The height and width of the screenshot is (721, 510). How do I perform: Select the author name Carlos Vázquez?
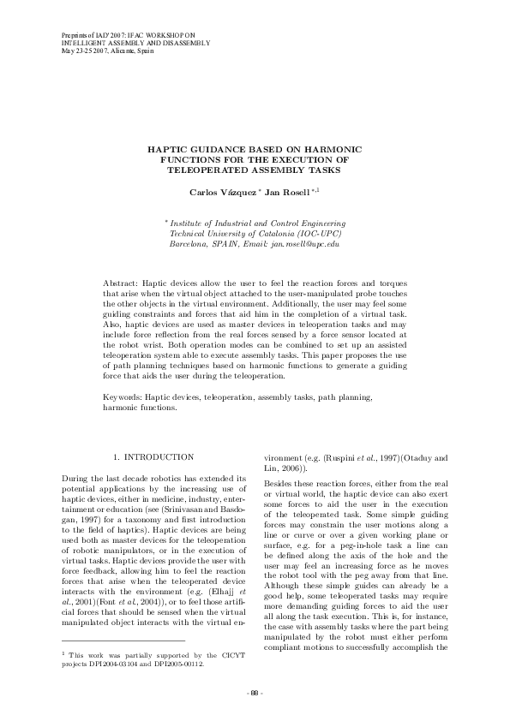pyautogui.click(x=222, y=193)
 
